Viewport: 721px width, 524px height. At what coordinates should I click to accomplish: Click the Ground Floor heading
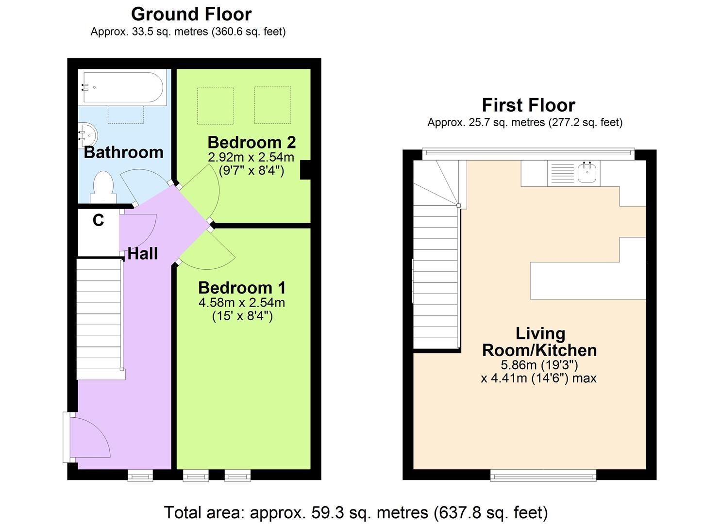(x=191, y=14)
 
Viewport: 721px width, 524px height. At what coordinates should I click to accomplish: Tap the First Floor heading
(x=528, y=105)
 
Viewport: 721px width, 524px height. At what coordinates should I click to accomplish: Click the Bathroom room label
(x=123, y=152)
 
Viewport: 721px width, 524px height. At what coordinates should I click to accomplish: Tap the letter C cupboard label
(x=98, y=221)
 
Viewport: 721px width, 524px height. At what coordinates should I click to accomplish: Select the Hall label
(x=142, y=254)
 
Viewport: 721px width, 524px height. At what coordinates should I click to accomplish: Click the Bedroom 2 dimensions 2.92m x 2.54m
(x=251, y=157)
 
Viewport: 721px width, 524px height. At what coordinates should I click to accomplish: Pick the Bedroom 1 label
(x=242, y=288)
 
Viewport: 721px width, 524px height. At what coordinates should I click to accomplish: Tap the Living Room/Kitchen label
(x=539, y=342)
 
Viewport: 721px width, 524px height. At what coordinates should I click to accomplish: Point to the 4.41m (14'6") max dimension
(x=538, y=378)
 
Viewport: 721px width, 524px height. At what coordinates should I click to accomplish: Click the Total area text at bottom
(x=355, y=512)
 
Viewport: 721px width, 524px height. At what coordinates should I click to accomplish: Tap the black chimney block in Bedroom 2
(x=305, y=170)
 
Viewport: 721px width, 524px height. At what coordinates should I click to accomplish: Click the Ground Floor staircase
(x=99, y=318)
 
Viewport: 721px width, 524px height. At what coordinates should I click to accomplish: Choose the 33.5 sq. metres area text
(x=188, y=32)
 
